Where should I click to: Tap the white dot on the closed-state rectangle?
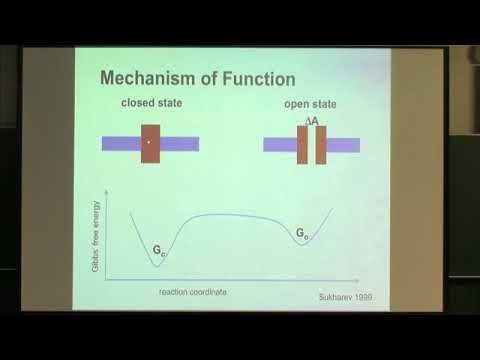click(x=149, y=142)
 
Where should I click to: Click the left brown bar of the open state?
click(x=303, y=145)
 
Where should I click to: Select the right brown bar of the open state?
click(x=321, y=145)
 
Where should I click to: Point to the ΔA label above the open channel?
click(x=312, y=121)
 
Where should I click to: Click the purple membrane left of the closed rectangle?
click(x=121, y=144)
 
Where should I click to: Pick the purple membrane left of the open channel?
click(x=279, y=145)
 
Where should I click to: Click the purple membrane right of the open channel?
click(x=343, y=145)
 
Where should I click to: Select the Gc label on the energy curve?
click(x=158, y=243)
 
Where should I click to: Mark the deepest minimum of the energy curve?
click(x=157, y=266)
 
